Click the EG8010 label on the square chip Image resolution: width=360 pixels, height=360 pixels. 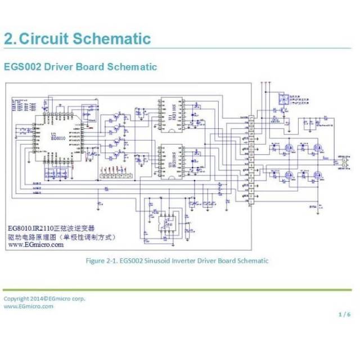click(x=58, y=137)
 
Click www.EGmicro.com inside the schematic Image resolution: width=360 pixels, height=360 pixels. click(x=35, y=245)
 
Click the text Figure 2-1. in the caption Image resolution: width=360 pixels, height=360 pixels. click(x=101, y=260)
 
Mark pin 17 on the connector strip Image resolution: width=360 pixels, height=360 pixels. click(x=251, y=119)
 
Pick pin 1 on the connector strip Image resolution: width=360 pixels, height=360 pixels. click(x=251, y=202)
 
